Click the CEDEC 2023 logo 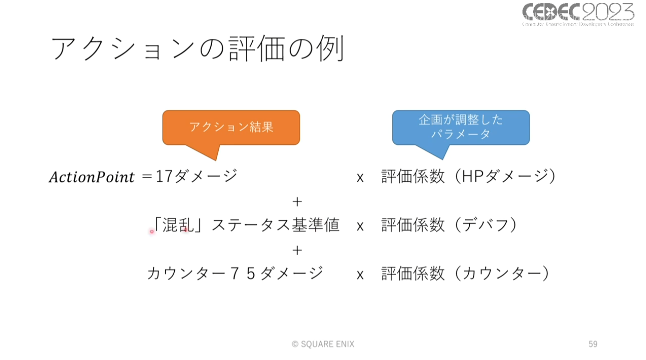tap(578, 14)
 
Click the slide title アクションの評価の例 tap(198, 49)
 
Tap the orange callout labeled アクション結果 tap(231, 127)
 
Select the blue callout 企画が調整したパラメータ tap(460, 127)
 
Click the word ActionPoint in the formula tap(91, 177)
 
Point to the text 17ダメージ tap(197, 176)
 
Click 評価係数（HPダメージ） tap(468, 176)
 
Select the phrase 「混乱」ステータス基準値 tap(246, 225)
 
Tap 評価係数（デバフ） tap(448, 225)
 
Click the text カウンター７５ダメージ tap(235, 273)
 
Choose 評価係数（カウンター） tap(465, 273)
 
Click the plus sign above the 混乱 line tap(297, 201)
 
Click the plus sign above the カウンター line tap(297, 250)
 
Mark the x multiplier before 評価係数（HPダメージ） tap(360, 177)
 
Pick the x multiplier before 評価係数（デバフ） tap(360, 226)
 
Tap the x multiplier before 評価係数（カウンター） tap(360, 274)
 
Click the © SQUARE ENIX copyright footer tap(323, 344)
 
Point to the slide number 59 tap(593, 344)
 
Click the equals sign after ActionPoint tap(146, 177)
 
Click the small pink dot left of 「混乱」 tap(152, 231)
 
